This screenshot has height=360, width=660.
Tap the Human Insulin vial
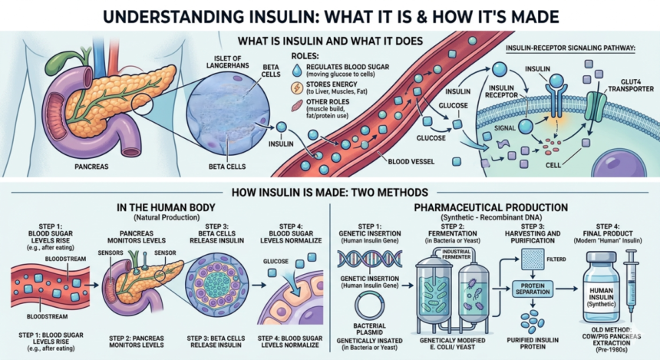coord(601,287)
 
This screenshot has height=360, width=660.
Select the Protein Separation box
coord(533,289)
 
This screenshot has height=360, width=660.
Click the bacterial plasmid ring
coord(369,306)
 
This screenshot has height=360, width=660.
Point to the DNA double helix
coord(370,259)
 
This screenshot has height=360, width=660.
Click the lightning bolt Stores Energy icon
coord(297,88)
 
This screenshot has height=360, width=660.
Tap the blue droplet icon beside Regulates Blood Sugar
coord(297,71)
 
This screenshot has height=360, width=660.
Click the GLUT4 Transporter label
coord(631,85)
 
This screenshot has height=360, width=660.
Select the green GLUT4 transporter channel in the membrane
coord(596,107)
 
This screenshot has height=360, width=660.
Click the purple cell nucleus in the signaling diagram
coord(619,162)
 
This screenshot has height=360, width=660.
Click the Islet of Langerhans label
coord(227,62)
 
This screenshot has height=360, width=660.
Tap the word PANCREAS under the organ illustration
coord(91,167)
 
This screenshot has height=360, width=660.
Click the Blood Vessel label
coord(411,161)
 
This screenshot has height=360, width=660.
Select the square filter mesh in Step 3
coord(532,259)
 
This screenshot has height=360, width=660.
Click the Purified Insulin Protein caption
coord(533,343)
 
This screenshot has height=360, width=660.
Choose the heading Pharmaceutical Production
coord(491,207)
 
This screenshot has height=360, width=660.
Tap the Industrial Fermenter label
coord(457,254)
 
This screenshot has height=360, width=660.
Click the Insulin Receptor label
coord(501,91)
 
